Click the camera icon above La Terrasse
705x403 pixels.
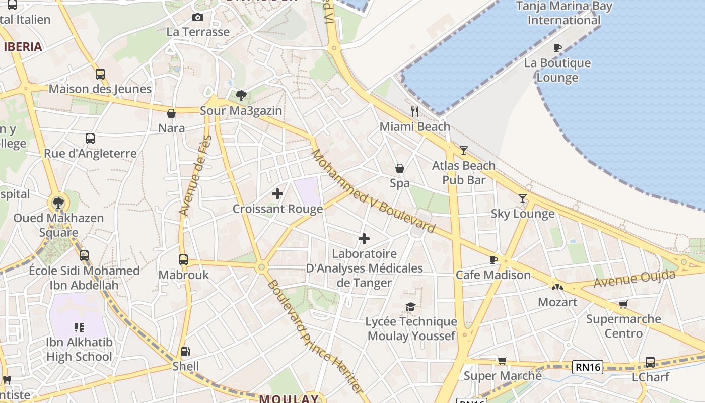click(198, 18)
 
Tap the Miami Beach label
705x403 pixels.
click(415, 126)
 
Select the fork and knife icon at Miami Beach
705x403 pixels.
click(415, 111)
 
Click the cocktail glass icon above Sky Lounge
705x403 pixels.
click(523, 198)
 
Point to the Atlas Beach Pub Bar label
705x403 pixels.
click(464, 173)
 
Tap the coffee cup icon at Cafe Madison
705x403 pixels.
click(493, 260)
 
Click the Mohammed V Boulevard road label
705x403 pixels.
click(373, 191)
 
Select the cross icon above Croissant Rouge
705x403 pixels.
click(277, 193)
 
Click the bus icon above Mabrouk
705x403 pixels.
click(183, 260)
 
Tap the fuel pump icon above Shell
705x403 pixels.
click(186, 352)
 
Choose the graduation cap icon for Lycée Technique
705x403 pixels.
click(411, 307)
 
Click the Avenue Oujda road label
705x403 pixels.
click(634, 279)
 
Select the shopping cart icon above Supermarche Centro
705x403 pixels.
click(623, 304)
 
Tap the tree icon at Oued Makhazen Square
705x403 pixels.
click(58, 203)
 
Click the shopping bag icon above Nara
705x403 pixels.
click(171, 113)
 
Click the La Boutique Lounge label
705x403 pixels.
click(557, 70)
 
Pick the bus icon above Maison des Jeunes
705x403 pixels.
click(100, 74)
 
